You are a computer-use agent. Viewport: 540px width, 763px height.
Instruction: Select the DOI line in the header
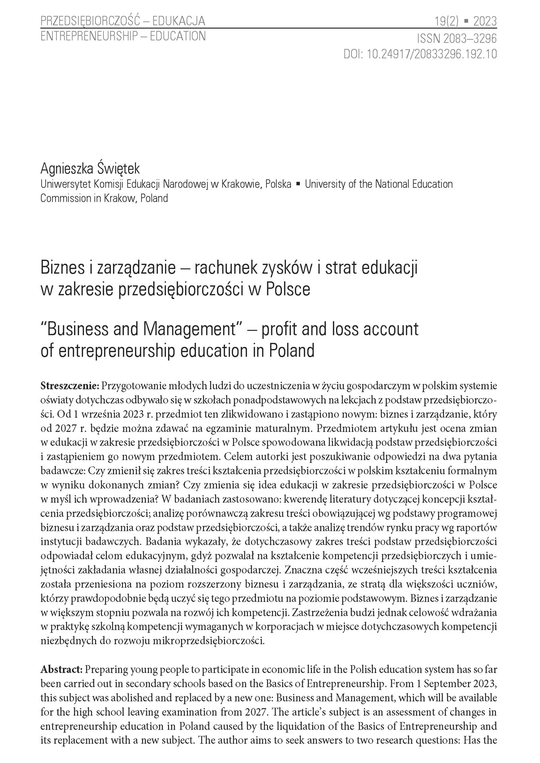[420, 54]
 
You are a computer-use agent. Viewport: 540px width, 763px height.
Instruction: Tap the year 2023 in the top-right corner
[485, 21]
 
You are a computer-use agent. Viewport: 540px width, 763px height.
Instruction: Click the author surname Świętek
[118, 169]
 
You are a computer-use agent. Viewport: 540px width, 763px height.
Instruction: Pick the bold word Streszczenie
[70, 385]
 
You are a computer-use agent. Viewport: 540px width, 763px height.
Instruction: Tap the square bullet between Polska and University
[298, 184]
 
